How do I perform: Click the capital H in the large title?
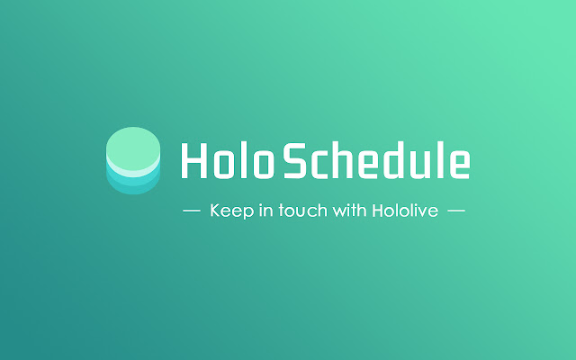click(x=193, y=160)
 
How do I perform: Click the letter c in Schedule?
click(x=321, y=164)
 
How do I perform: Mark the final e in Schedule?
click(x=458, y=164)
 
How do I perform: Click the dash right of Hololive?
click(x=455, y=212)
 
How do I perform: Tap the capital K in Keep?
click(x=214, y=212)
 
